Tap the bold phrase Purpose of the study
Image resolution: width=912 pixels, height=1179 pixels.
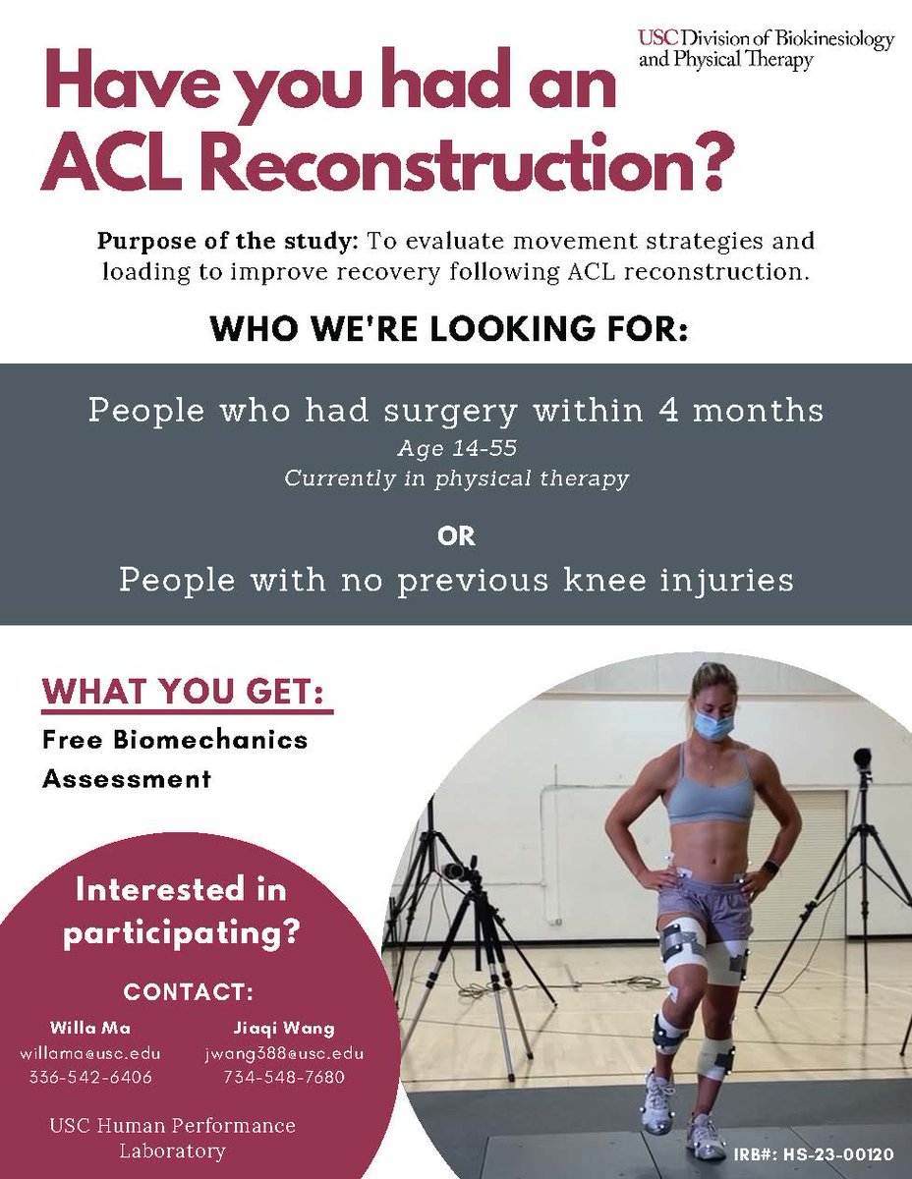click(229, 242)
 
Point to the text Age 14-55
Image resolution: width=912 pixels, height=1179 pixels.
click(455, 449)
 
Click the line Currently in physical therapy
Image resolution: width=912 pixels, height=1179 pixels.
click(456, 478)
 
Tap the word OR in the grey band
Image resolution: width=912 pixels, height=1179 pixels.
click(456, 536)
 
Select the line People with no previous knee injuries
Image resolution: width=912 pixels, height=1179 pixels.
click(456, 580)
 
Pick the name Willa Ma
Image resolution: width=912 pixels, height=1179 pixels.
click(90, 1029)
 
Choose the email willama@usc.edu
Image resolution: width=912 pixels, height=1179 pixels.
click(90, 1053)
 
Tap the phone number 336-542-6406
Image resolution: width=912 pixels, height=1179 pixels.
click(90, 1077)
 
